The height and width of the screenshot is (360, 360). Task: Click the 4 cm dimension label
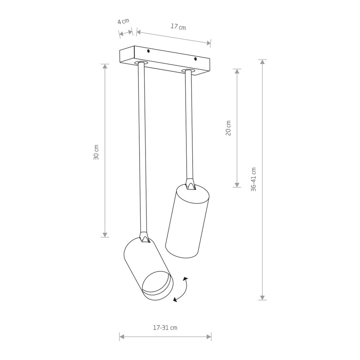(123, 21)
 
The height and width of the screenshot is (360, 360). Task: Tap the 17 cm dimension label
(178, 27)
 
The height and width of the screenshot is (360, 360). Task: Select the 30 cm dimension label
(96, 152)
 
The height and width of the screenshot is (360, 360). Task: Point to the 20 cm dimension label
(228, 128)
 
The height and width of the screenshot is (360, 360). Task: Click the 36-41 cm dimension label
(253, 179)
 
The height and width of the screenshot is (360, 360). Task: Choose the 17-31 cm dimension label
(165, 328)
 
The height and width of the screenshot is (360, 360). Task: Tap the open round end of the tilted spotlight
(157, 285)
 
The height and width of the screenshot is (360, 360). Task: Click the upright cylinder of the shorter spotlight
(187, 221)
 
